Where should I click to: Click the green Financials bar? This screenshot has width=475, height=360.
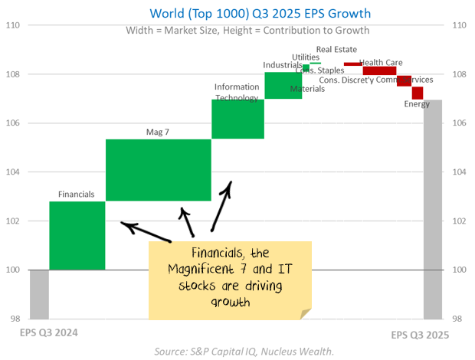click(x=77, y=235)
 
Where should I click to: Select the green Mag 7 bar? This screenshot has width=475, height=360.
click(x=158, y=170)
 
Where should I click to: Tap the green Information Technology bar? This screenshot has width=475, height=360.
click(x=237, y=119)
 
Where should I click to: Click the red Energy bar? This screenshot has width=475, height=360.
click(x=417, y=93)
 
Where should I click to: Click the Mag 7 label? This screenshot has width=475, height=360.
click(x=158, y=132)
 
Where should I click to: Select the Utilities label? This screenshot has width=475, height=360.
click(x=306, y=57)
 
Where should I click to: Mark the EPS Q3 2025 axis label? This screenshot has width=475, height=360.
click(x=420, y=335)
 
